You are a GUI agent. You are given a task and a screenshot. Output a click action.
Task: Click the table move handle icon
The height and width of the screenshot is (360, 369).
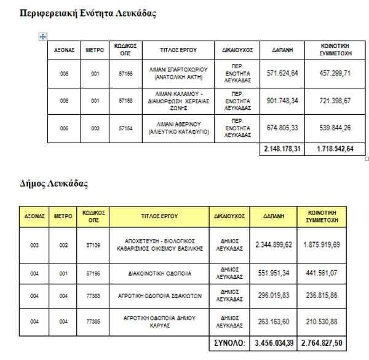pyautogui.click(x=42, y=37)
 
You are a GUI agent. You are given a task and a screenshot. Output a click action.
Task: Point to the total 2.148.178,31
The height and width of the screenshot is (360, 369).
pyautogui.click(x=282, y=149)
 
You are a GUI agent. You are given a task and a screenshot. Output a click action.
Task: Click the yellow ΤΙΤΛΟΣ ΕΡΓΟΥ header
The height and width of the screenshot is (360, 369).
pyautogui.click(x=160, y=216)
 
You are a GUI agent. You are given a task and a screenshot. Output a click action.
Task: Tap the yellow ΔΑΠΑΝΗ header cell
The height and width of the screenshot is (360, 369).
pyautogui.click(x=274, y=216)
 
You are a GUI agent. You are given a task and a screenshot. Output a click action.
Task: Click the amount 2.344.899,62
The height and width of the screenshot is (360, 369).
pyautogui.click(x=274, y=245)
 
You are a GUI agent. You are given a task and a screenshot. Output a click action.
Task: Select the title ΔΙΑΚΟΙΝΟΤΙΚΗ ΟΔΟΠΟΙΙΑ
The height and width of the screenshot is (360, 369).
pyautogui.click(x=160, y=273)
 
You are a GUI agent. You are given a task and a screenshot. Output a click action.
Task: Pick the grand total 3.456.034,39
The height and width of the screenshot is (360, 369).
pyautogui.click(x=274, y=342)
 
